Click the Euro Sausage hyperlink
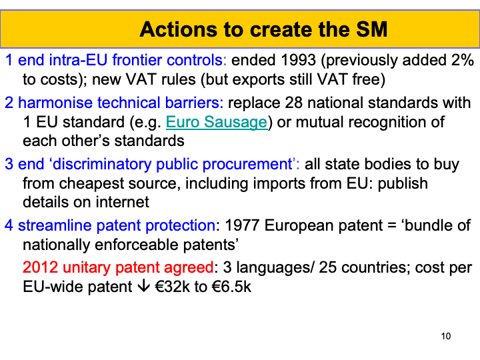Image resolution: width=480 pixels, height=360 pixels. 217,123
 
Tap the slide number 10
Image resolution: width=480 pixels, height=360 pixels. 446,336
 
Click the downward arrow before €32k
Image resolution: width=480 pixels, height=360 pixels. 143,286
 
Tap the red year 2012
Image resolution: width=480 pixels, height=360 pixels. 40,267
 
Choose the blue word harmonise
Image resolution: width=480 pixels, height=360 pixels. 55,103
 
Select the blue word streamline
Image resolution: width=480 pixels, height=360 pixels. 55,225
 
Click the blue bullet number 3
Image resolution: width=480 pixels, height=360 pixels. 9,165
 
